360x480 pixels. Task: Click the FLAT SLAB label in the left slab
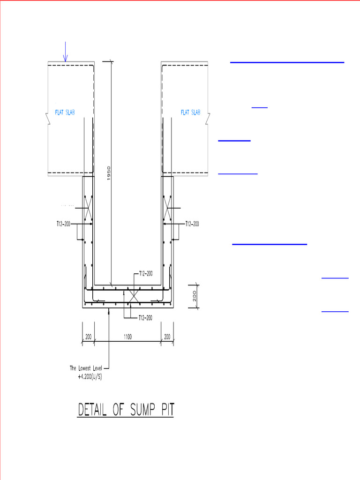[x=62, y=112]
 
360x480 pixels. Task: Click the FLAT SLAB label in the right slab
[x=190, y=112]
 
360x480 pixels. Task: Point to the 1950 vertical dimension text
[x=108, y=174]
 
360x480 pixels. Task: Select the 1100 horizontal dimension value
[x=128, y=337]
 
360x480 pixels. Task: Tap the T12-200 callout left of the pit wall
[x=60, y=224]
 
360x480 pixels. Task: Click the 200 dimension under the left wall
[x=88, y=337]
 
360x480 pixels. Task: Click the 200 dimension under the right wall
[x=167, y=337]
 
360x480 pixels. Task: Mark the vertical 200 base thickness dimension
[x=194, y=296]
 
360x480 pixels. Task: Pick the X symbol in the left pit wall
[x=88, y=207]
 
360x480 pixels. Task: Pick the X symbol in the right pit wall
[x=167, y=207]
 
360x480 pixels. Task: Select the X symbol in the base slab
[x=132, y=296]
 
